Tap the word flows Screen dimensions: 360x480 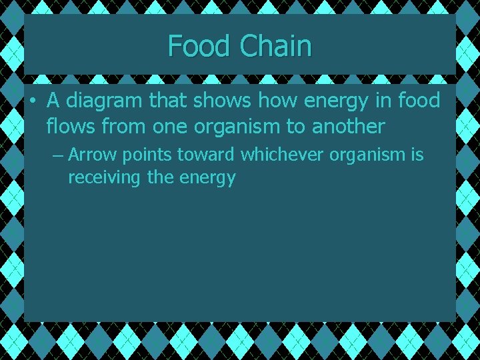tap(70, 126)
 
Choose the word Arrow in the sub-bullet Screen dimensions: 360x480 tap(93, 155)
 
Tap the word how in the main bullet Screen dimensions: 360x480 tap(271, 101)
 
